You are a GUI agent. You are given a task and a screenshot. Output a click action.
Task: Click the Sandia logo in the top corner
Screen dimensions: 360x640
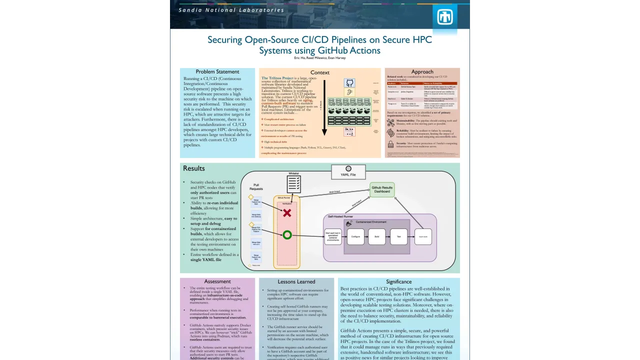(444, 17)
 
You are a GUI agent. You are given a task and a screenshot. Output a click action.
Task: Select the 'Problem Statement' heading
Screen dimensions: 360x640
(217, 71)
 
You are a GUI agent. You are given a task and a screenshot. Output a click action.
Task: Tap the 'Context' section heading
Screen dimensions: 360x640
(320, 72)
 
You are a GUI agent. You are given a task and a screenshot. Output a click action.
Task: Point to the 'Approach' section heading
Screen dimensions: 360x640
(422, 71)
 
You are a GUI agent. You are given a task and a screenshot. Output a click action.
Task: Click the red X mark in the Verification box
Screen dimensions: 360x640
(287, 213)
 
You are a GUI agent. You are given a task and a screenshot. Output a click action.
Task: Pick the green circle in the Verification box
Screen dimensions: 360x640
(287, 234)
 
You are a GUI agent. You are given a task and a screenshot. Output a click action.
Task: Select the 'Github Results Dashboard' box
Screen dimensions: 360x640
(382, 189)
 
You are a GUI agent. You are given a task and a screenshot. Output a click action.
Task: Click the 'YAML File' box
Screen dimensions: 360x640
(348, 172)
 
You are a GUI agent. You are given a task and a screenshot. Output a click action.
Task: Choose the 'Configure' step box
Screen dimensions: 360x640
(355, 236)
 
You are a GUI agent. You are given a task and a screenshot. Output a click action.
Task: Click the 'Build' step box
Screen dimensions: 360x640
(377, 236)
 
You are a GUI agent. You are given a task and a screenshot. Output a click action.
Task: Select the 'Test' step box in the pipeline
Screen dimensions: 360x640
(398, 236)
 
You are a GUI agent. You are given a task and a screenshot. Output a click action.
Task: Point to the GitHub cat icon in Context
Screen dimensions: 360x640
(349, 82)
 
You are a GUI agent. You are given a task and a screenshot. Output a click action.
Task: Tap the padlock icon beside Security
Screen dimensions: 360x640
(390, 144)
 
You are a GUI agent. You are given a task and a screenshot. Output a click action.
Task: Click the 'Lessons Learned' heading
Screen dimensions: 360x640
(296, 281)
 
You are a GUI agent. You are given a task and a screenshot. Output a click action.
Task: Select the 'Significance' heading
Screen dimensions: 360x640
(398, 281)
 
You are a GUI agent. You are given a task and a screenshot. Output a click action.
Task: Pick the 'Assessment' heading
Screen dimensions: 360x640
(217, 281)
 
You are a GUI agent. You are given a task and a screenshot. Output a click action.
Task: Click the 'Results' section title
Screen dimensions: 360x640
(193, 168)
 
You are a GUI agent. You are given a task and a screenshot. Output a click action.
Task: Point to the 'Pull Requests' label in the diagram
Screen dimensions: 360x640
(256, 187)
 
